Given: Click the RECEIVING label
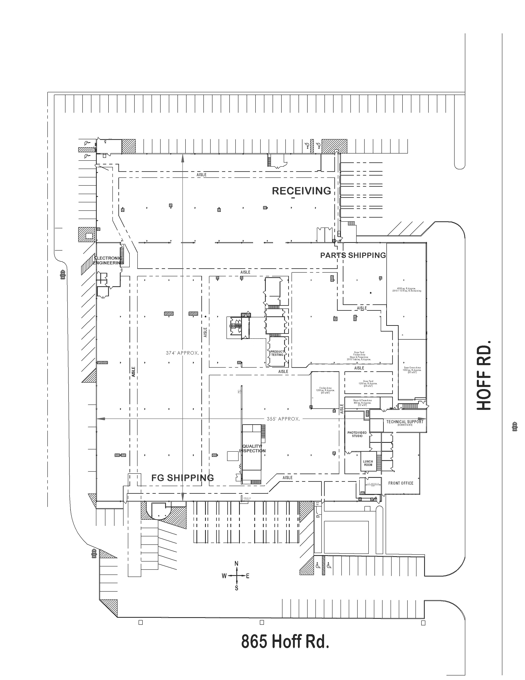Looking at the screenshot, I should (x=301, y=191).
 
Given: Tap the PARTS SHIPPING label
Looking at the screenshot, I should (x=353, y=255).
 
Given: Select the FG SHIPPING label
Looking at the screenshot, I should (x=183, y=478).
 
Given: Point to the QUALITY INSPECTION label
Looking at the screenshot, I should (x=252, y=449).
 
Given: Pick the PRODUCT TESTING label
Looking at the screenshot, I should (x=277, y=353).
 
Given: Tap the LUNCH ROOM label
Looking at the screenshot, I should (x=368, y=463).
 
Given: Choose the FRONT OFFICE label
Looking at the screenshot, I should (x=401, y=483).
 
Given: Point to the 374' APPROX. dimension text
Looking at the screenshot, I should (x=182, y=353).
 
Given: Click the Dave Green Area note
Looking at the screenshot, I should (x=412, y=370).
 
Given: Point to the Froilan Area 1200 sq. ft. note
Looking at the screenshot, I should (x=325, y=390).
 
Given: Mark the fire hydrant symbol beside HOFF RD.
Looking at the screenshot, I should (x=515, y=427).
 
